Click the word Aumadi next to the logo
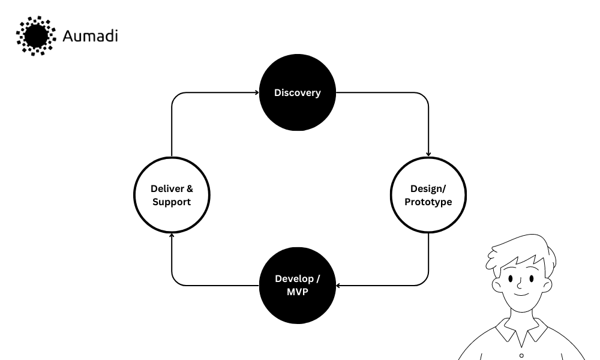pos(90,36)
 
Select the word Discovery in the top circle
pos(298,93)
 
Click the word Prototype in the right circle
pos(428,202)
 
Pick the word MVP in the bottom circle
pos(298,291)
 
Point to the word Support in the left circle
pos(172,202)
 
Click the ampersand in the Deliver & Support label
pos(190,189)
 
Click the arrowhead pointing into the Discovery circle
pos(256,93)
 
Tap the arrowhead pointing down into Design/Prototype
pos(428,154)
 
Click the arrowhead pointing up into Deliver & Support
pos(172,235)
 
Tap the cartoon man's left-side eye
pos(510,279)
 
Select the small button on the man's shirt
pos(521,355)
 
